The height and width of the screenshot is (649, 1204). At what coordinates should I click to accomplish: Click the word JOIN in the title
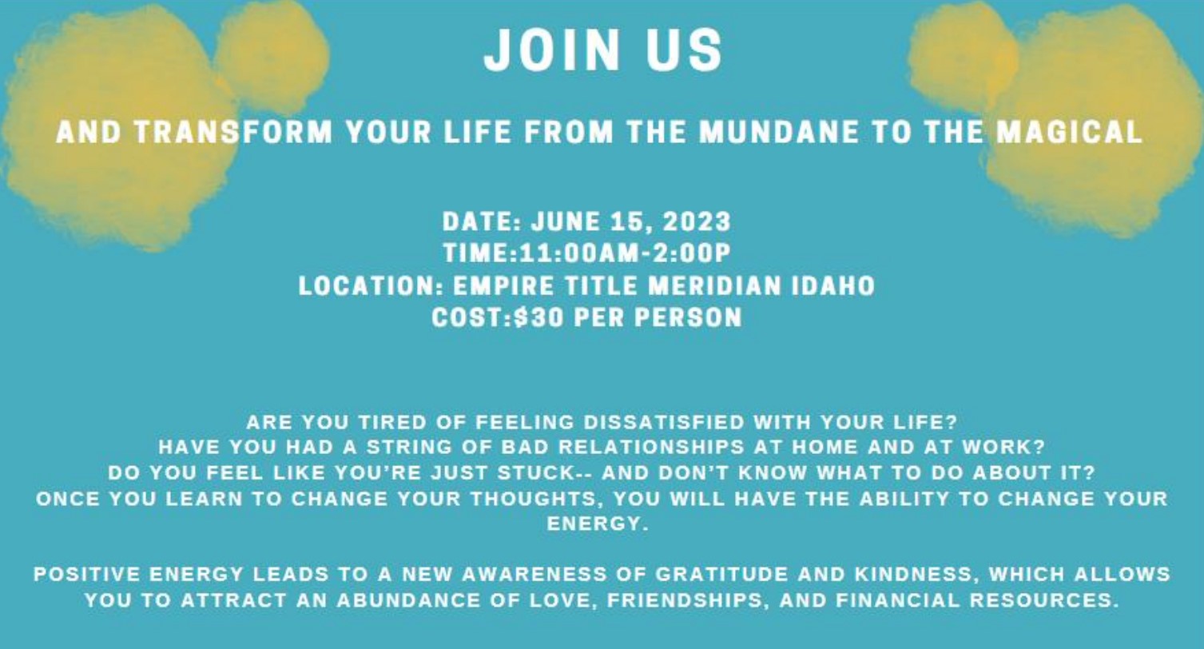click(x=553, y=50)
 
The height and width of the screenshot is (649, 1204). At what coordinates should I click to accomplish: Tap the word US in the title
click(x=685, y=50)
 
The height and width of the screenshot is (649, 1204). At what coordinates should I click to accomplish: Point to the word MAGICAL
click(x=1070, y=132)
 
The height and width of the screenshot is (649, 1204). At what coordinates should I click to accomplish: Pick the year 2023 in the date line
click(x=697, y=221)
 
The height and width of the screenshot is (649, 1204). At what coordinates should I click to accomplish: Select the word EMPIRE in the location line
click(x=503, y=285)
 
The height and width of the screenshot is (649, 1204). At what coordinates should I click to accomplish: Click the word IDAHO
click(x=833, y=285)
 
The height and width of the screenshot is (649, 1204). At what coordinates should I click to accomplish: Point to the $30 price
click(x=538, y=317)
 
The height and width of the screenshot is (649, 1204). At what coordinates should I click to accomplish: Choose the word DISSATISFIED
click(x=664, y=422)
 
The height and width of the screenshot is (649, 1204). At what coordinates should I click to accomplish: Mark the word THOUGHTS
click(x=534, y=499)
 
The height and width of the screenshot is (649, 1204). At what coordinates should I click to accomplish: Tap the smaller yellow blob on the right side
click(x=962, y=57)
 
